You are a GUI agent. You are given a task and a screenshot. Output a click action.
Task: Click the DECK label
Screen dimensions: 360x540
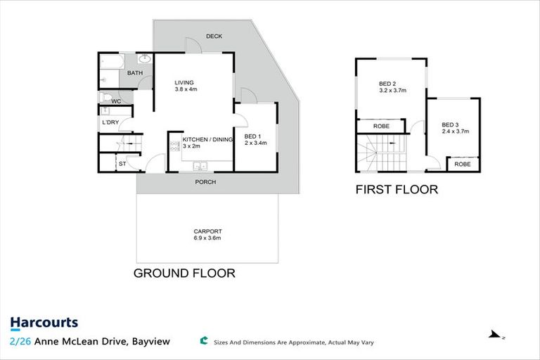(214, 37)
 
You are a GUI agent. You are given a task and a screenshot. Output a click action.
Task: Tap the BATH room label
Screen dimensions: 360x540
(135, 73)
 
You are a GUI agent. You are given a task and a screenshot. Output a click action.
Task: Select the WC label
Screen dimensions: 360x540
(116, 101)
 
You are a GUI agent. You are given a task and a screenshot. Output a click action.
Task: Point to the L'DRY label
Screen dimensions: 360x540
(110, 123)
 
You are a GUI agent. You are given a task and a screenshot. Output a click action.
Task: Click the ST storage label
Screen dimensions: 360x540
(122, 164)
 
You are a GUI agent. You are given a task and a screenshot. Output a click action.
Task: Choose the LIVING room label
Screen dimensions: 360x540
(184, 83)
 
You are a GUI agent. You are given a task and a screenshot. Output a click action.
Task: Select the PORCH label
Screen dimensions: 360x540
(205, 182)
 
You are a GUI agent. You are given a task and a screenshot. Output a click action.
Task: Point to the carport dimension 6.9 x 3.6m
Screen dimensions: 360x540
(207, 238)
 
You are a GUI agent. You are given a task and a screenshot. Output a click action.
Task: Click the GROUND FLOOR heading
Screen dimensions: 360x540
(184, 273)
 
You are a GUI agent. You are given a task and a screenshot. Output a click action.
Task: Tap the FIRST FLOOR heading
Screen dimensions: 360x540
(397, 189)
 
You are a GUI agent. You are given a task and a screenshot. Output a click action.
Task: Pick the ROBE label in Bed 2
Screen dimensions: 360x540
(381, 127)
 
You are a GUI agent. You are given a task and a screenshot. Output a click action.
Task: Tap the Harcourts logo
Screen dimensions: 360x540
(44, 323)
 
